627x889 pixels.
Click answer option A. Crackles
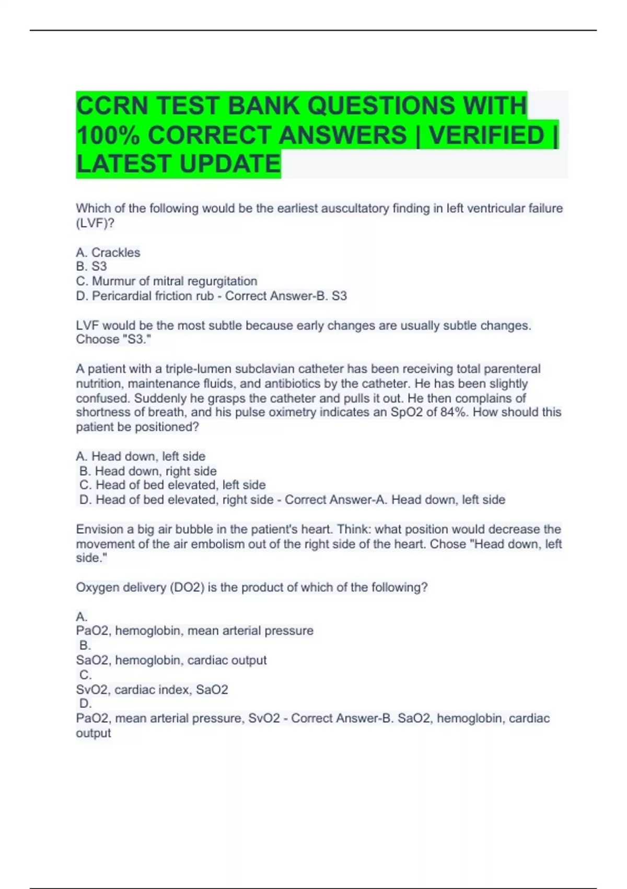[x=108, y=253]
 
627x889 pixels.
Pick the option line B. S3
[x=91, y=266]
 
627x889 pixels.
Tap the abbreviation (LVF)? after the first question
[x=95, y=223]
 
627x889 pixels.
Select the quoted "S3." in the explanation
[x=136, y=339]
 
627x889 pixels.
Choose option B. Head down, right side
[x=148, y=471]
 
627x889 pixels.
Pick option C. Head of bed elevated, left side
[x=172, y=485]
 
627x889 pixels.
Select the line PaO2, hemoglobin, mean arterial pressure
[x=194, y=631]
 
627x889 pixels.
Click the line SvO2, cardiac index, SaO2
[x=152, y=690]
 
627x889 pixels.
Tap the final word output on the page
[x=94, y=733]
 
